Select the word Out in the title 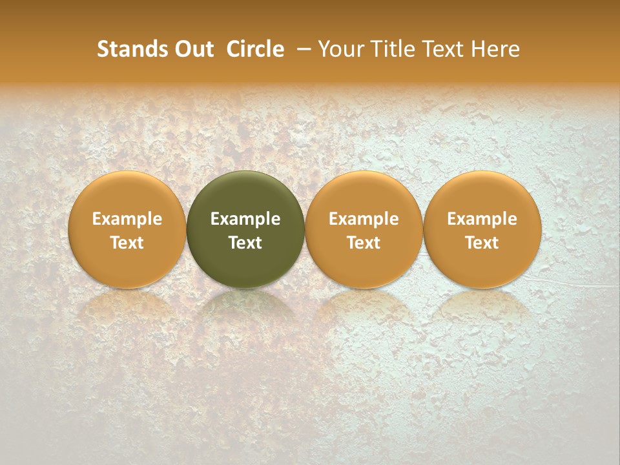(193, 49)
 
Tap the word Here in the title (495, 49)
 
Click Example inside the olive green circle (245, 219)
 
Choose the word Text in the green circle (245, 243)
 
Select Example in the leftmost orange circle (127, 219)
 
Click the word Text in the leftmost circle (127, 243)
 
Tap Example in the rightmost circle (482, 219)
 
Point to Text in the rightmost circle (482, 243)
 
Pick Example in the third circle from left (364, 219)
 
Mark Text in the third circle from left (364, 243)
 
